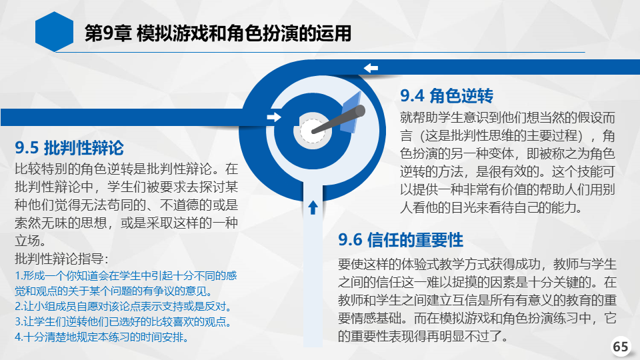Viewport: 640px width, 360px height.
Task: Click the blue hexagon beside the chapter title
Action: coord(54,32)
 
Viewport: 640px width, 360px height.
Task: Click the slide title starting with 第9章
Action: coord(218,33)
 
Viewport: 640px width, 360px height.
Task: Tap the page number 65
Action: coord(621,347)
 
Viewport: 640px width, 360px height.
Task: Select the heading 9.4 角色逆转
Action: coord(447,96)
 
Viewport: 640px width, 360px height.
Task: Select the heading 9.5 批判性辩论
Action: coord(69,148)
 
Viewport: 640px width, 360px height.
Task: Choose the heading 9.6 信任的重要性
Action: coord(401,239)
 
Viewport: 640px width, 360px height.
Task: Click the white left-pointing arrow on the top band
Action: coord(371,68)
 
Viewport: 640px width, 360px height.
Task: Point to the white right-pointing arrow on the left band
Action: coord(274,117)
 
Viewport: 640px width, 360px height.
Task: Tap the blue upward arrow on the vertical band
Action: coord(313,207)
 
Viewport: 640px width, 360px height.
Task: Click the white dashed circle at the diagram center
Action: coord(313,131)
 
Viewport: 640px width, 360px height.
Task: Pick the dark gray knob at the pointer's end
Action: coord(359,111)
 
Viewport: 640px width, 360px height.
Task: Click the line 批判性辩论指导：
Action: coord(61,259)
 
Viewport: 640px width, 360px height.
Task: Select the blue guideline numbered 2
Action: coord(123,306)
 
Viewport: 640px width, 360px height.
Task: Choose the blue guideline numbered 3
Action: coord(123,321)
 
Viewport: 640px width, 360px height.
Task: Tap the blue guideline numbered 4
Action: coord(101,337)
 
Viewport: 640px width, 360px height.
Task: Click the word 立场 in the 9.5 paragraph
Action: coord(27,241)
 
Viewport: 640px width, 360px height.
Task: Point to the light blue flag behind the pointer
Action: coord(351,113)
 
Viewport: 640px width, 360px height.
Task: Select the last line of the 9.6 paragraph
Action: coord(423,336)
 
